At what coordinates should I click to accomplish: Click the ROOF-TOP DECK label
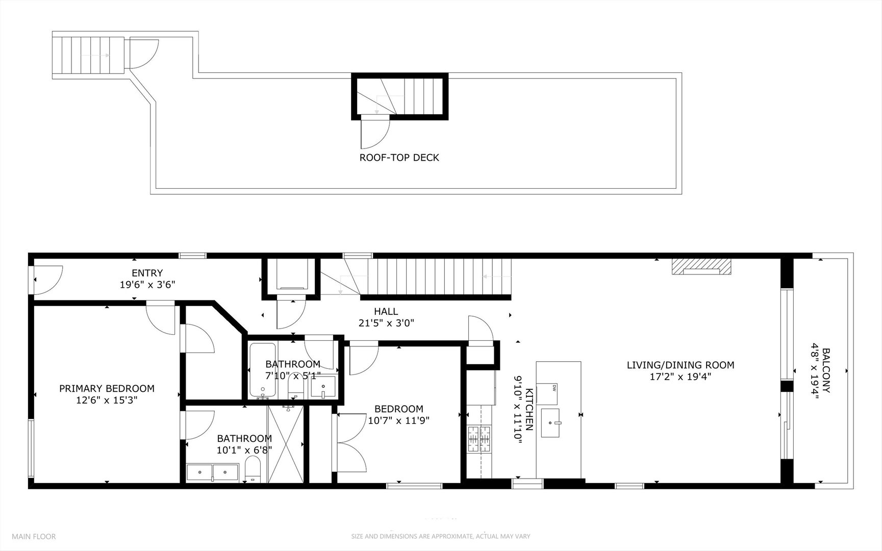(399, 158)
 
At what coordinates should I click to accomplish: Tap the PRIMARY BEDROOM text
(107, 389)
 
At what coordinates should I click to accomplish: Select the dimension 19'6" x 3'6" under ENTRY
(147, 285)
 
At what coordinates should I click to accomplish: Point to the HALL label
(386, 311)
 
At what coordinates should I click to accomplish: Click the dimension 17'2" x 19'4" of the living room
(680, 377)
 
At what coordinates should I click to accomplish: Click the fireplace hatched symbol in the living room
(700, 266)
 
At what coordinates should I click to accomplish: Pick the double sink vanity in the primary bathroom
(213, 472)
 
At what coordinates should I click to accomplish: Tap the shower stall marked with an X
(286, 444)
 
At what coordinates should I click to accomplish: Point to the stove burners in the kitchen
(480, 439)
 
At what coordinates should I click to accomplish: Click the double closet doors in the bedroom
(350, 443)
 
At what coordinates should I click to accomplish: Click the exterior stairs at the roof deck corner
(89, 55)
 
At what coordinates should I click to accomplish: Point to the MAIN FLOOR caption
(34, 536)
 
